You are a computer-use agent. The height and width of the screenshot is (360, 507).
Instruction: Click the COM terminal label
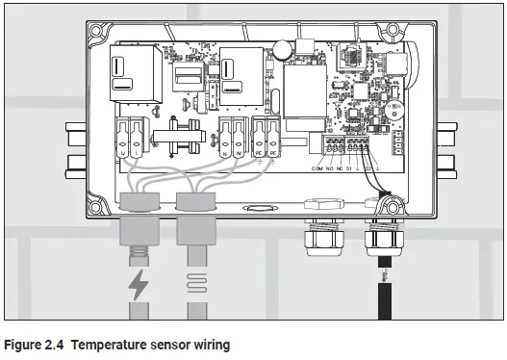(x=317, y=169)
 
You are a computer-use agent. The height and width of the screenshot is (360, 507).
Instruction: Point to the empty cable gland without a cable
(x=318, y=231)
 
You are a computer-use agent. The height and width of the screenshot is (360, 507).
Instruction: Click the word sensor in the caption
(x=170, y=344)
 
